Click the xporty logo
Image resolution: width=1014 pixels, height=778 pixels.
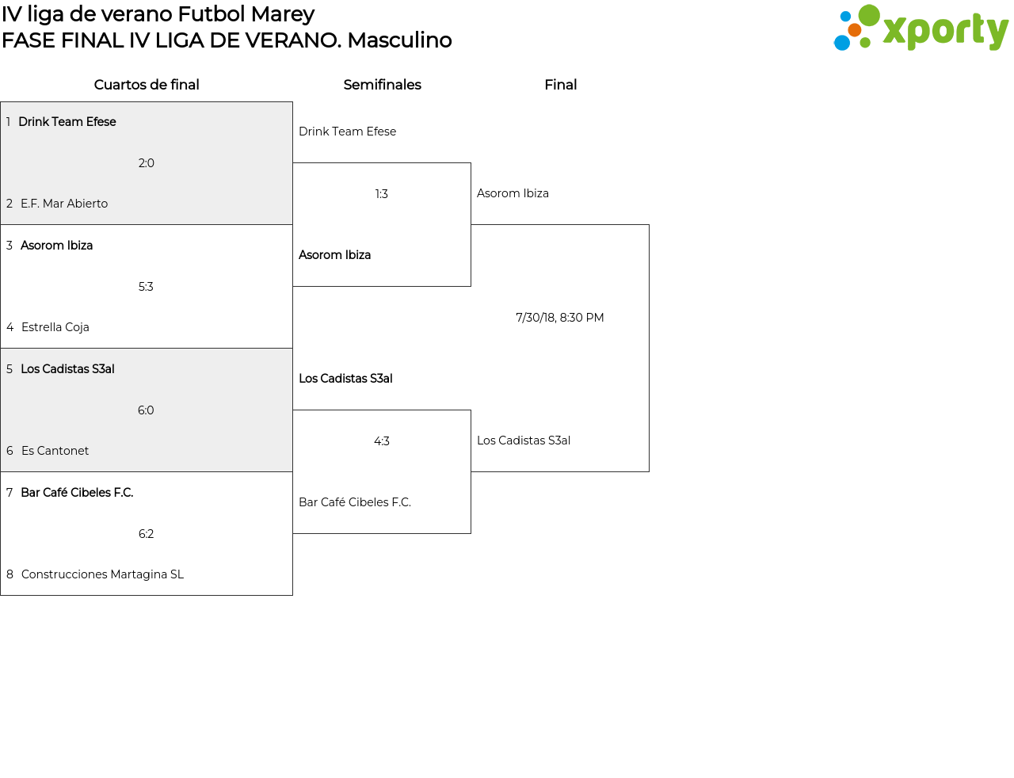pos(921,29)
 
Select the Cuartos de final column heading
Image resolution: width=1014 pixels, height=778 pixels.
pos(147,85)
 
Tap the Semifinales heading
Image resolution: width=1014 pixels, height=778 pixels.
pos(382,85)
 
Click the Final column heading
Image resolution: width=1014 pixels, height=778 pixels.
pos(560,85)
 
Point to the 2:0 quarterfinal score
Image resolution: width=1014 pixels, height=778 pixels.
pos(147,163)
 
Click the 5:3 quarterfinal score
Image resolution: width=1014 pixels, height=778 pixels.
pos(146,287)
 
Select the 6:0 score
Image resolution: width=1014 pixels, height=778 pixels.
pos(146,410)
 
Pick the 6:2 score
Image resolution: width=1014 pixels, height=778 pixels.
pos(146,534)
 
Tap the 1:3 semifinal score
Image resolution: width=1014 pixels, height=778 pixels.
pos(382,194)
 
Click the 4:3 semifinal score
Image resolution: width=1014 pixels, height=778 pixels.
pos(382,441)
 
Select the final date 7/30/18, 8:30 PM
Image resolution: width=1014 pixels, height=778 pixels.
pos(559,318)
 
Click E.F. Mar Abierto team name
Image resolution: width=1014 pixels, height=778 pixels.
pos(64,204)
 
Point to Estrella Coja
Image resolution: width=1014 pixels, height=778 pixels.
pos(55,327)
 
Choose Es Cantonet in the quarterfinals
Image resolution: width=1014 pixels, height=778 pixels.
pos(55,451)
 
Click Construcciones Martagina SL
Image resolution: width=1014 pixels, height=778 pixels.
pos(102,574)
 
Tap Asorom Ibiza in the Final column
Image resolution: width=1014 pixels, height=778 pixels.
pos(513,193)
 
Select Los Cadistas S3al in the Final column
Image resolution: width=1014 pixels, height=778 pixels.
pos(524,440)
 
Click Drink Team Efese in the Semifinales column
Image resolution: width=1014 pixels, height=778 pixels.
pos(347,132)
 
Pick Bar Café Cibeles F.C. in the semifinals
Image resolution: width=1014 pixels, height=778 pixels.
pos(355,502)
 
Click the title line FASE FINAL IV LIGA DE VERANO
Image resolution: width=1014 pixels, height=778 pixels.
pos(227,40)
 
